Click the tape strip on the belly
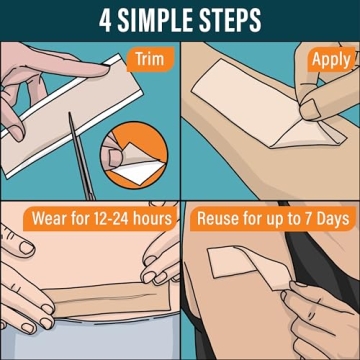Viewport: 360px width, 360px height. tap(90, 298)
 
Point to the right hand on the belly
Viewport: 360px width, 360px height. tap(155, 275)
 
